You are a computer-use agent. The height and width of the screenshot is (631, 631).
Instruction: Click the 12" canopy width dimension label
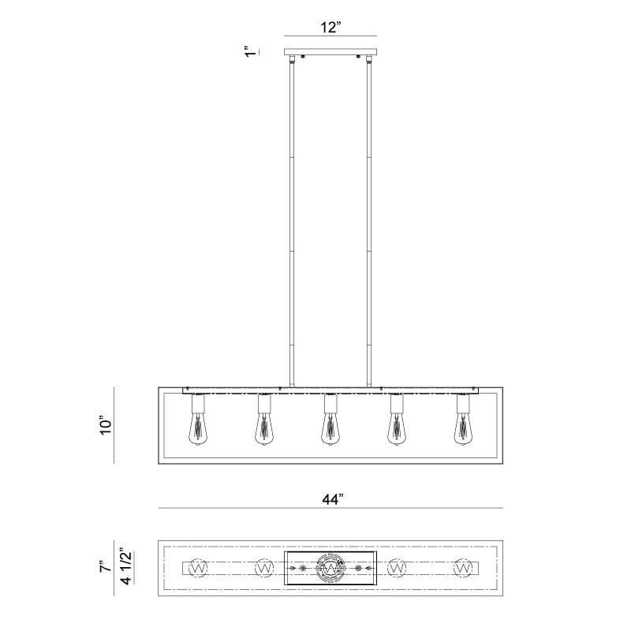[x=330, y=27]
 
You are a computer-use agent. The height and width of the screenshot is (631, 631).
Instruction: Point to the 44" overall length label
[x=330, y=498]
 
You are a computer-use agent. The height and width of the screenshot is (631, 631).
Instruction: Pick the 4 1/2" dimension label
[x=124, y=568]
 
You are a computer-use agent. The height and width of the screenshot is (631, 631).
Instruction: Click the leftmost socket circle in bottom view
[x=198, y=567]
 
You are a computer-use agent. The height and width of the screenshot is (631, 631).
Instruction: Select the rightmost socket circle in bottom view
[x=463, y=567]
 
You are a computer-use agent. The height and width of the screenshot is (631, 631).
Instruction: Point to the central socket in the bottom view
[x=330, y=567]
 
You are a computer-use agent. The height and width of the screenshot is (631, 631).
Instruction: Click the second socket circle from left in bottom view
[x=264, y=567]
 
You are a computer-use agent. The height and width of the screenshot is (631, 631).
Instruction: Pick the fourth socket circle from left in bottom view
[x=397, y=567]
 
